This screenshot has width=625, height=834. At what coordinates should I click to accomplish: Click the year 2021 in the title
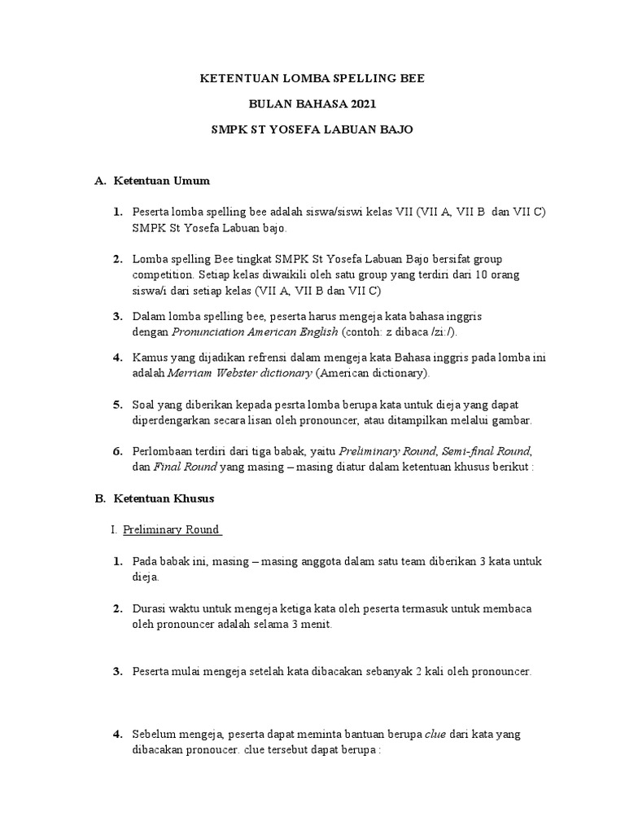[x=362, y=105]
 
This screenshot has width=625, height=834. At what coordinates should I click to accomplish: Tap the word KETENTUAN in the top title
[x=232, y=80]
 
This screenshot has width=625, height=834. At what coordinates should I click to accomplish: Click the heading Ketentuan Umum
[x=162, y=180]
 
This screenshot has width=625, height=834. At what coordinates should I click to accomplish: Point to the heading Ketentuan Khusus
[x=164, y=497]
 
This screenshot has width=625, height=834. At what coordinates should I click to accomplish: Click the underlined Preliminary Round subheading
[x=172, y=529]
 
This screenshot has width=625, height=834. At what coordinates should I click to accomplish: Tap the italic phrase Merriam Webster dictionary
[x=239, y=373]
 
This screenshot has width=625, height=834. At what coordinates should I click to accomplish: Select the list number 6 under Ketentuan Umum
[x=117, y=450]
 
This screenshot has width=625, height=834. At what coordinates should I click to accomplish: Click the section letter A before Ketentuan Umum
[x=100, y=180]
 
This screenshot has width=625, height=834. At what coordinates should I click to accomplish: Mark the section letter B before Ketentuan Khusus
[x=100, y=497]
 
